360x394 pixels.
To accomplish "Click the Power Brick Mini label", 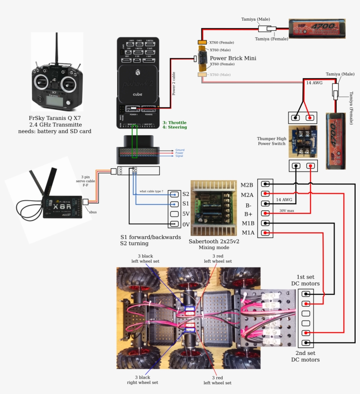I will (233, 58).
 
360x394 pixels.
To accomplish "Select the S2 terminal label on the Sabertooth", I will (186, 194).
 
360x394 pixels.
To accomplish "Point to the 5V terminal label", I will (186, 214).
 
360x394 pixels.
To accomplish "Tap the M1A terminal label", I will (248, 233).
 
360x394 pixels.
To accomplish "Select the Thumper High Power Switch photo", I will (303, 141).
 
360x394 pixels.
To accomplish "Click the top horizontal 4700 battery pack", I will (317, 29).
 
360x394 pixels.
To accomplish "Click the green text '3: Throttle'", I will (174, 123).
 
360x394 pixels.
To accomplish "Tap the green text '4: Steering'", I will (174, 127).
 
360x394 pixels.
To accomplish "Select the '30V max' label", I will (287, 210).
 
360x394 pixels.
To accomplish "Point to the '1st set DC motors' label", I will (306, 280).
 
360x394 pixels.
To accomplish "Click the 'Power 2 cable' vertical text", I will (174, 83).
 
